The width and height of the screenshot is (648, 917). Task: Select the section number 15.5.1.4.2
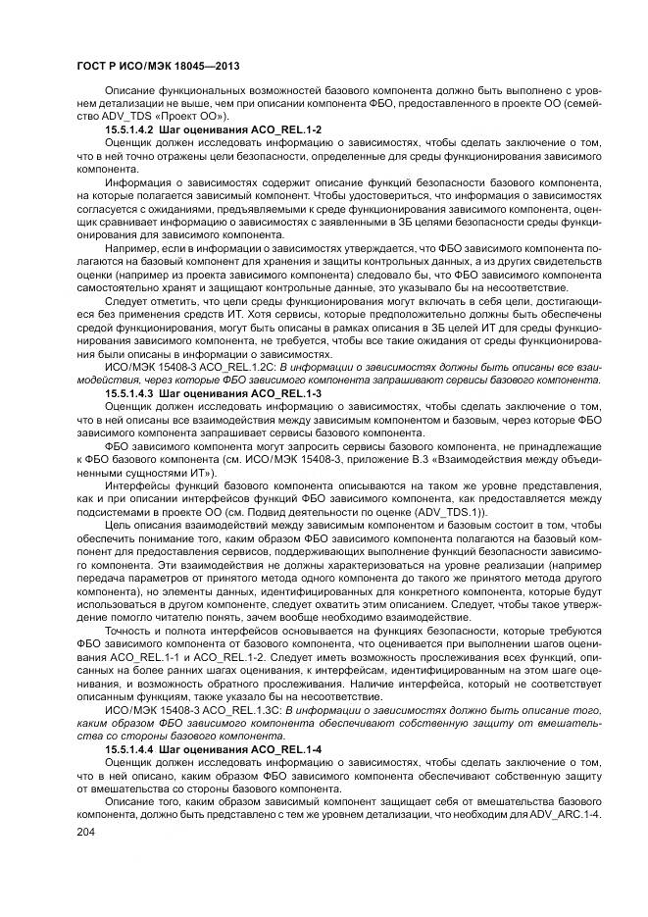pos(133,129)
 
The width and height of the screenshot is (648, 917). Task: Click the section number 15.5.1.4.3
pos(133,391)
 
